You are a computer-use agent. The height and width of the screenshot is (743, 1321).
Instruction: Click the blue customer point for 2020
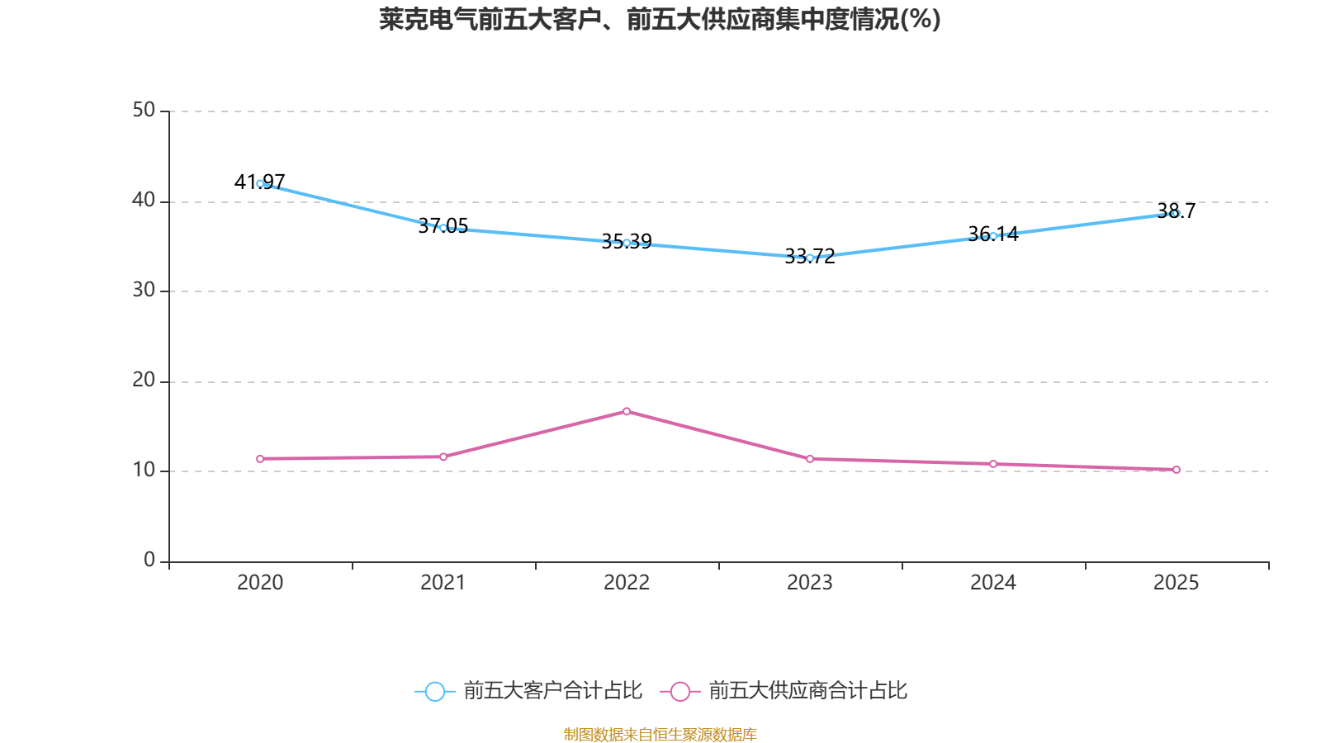pyautogui.click(x=260, y=183)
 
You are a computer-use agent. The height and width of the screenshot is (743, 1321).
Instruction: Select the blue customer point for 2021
pyautogui.click(x=443, y=228)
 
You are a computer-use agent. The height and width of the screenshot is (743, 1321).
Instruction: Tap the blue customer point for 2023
pyautogui.click(x=810, y=258)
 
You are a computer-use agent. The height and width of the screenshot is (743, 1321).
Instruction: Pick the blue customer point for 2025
pyautogui.click(x=1176, y=213)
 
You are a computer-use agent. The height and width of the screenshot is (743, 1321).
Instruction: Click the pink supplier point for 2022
pyautogui.click(x=627, y=411)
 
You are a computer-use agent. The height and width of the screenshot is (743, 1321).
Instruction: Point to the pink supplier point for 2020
pyautogui.click(x=260, y=459)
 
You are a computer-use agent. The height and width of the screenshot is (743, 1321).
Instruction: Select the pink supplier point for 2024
pyautogui.click(x=993, y=464)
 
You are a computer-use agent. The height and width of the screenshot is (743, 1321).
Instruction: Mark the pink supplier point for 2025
pyautogui.click(x=1177, y=470)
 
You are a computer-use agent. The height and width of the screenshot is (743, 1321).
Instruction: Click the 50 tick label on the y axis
pyautogui.click(x=144, y=110)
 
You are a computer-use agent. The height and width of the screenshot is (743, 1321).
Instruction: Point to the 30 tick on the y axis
pyautogui.click(x=144, y=290)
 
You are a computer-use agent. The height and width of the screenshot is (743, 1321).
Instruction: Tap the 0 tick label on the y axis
pyautogui.click(x=149, y=560)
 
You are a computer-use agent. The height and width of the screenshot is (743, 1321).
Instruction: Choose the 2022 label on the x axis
pyautogui.click(x=627, y=583)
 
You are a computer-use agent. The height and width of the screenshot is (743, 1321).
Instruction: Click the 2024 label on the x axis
pyautogui.click(x=993, y=583)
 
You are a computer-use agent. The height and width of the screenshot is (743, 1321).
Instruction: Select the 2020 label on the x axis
pyautogui.click(x=260, y=583)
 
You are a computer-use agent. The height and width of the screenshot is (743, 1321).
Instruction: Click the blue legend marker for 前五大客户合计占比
pyautogui.click(x=434, y=692)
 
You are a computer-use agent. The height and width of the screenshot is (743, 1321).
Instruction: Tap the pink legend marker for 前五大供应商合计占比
pyautogui.click(x=679, y=692)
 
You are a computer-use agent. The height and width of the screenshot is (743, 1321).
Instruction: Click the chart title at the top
pyautogui.click(x=660, y=19)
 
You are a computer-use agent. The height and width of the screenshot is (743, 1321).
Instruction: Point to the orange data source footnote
pyautogui.click(x=660, y=734)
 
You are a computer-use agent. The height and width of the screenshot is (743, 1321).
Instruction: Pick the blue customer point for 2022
pyautogui.click(x=627, y=243)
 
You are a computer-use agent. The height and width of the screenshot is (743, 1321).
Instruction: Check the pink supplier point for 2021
pyautogui.click(x=443, y=457)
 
